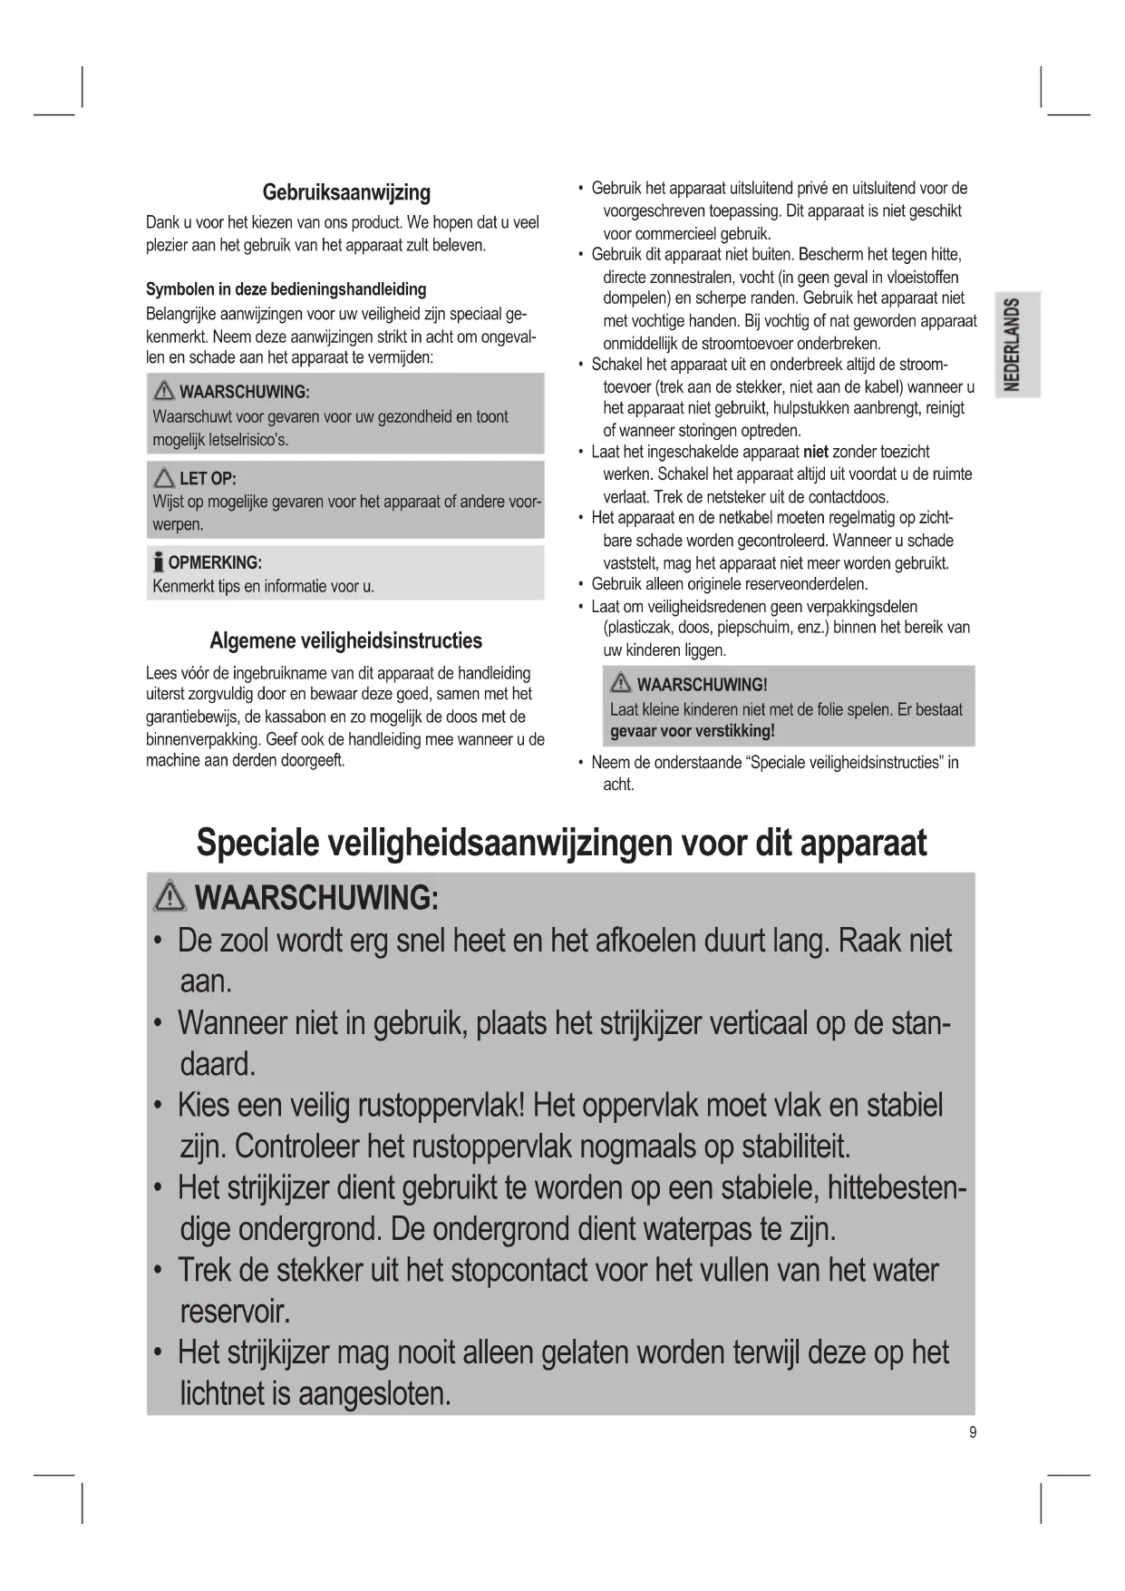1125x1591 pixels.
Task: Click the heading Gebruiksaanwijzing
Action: click(346, 192)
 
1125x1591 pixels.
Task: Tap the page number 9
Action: click(973, 1432)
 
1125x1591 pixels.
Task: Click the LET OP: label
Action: click(208, 478)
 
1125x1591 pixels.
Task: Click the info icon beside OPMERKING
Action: click(159, 562)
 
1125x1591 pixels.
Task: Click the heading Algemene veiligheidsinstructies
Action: click(345, 640)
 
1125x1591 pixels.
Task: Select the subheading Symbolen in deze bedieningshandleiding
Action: click(286, 289)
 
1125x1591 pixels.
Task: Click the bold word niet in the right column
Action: click(816, 452)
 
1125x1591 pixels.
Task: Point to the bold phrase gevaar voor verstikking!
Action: click(693, 731)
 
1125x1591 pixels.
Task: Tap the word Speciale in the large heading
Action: click(257, 843)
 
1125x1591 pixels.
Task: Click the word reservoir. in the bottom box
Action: click(236, 1312)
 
